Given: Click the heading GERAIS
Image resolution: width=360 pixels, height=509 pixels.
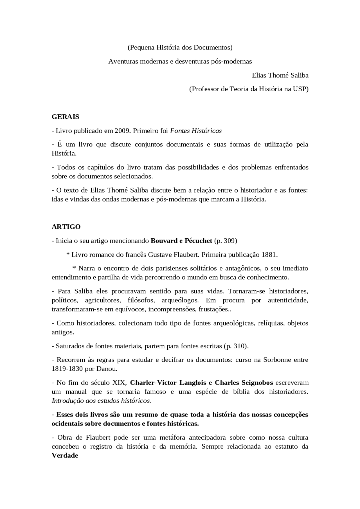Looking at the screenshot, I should pyautogui.click(x=65, y=117).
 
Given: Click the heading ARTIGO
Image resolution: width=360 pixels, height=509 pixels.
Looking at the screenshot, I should pyautogui.click(x=66, y=227).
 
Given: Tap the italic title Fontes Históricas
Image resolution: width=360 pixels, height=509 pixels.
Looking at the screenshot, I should pyautogui.click(x=196, y=131).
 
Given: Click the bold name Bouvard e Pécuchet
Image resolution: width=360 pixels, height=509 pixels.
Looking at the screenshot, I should pyautogui.click(x=181, y=241).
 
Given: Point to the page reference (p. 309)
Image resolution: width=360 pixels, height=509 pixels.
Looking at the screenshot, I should pyautogui.click(x=226, y=241).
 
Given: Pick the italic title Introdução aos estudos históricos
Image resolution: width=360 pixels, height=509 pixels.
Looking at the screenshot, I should pyautogui.click(x=101, y=401).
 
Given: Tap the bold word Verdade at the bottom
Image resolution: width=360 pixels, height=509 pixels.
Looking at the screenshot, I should pyautogui.click(x=65, y=455).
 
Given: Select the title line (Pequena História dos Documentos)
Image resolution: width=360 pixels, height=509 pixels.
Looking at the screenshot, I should pyautogui.click(x=180, y=47).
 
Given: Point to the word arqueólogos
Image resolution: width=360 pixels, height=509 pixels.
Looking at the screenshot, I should pyautogui.click(x=180, y=300).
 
